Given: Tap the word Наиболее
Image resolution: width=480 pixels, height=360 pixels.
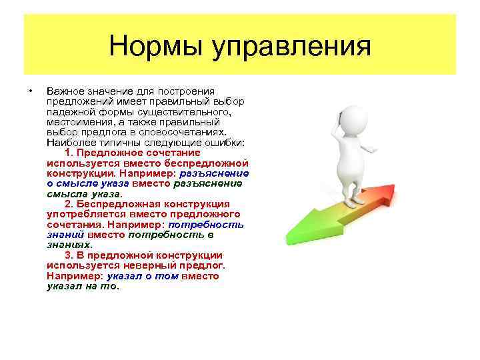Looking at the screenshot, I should pyautogui.click(x=68, y=143).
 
